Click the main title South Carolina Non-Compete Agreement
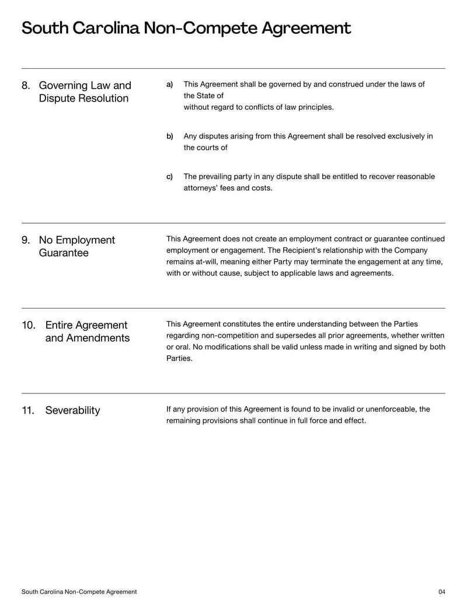[x=186, y=28]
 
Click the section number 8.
[x=26, y=86]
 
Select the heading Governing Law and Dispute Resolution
[x=85, y=92]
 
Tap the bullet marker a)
[x=170, y=85]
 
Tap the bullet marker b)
[x=170, y=137]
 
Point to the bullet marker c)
[x=170, y=177]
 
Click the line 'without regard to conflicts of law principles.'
[x=259, y=107]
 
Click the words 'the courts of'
[x=205, y=148]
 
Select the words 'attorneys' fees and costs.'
[x=228, y=188]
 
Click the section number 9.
[x=26, y=240]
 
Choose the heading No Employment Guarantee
[x=76, y=247]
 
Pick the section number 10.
[x=29, y=326]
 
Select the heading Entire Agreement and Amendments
[x=87, y=332]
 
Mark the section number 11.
[x=29, y=411]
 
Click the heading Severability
[x=72, y=411]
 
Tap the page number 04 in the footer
[x=441, y=592]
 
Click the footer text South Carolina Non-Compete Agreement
[x=79, y=592]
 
